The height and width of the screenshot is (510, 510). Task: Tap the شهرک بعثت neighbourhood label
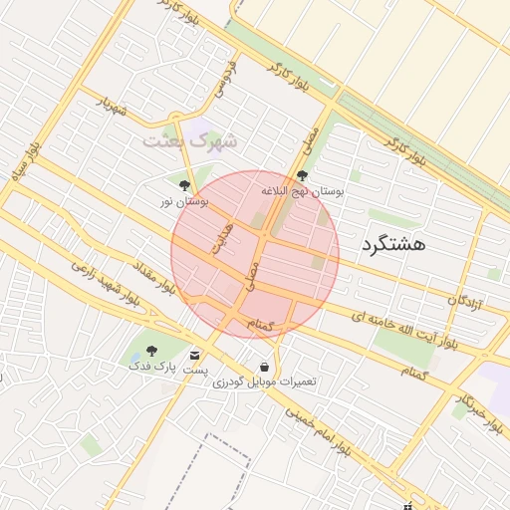(190, 139)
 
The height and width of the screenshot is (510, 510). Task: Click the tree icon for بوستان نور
(184, 185)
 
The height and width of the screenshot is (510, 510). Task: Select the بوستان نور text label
(184, 202)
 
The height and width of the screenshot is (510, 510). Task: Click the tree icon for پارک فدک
(151, 351)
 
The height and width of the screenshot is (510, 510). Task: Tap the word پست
(195, 370)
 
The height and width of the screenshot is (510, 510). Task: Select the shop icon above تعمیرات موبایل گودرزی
(264, 366)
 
